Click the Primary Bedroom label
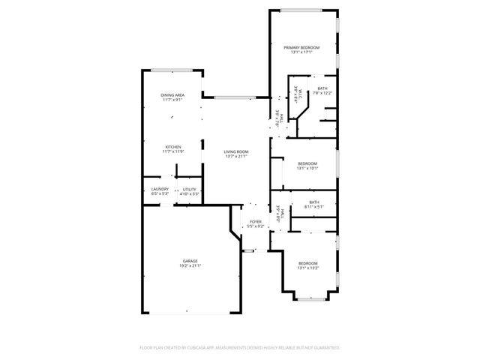tap(301, 47)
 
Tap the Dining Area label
tap(172, 95)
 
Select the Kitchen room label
tap(173, 146)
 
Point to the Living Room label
tap(236, 152)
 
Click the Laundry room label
tap(159, 189)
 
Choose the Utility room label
tap(189, 189)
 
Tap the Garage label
tap(190, 261)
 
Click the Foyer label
tap(256, 221)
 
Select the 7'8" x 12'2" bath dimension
tap(322, 93)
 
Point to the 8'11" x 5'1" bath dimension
tap(313, 205)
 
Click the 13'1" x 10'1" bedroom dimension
tap(307, 168)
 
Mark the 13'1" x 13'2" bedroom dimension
tap(308, 267)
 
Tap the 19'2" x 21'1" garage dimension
tap(190, 265)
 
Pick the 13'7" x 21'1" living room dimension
tap(236, 157)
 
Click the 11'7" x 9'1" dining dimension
tap(172, 100)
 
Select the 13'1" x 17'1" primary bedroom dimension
tap(301, 52)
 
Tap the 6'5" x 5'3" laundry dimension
tap(159, 193)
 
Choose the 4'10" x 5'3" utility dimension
tap(189, 193)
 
